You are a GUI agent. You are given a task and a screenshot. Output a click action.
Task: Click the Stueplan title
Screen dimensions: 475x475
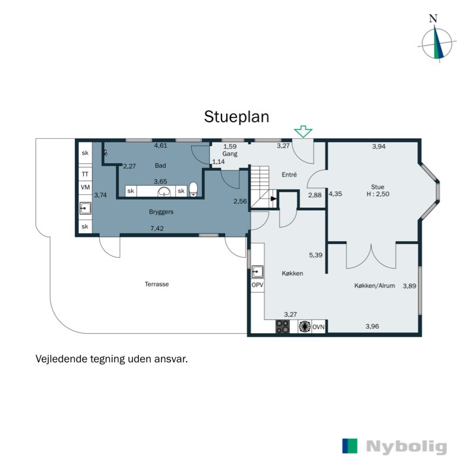236,116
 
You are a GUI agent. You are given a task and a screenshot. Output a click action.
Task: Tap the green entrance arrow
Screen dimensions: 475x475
303,131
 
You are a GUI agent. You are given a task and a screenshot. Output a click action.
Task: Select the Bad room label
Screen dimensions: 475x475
160,165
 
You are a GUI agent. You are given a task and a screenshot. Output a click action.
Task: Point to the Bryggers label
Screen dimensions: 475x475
161,211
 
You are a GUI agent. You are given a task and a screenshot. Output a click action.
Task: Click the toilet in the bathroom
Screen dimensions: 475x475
193,190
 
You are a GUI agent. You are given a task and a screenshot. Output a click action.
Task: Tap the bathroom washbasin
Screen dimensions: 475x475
164,191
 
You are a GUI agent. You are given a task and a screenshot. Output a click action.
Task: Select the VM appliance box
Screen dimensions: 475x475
85,188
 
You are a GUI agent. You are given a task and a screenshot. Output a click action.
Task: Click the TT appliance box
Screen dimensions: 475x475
85,174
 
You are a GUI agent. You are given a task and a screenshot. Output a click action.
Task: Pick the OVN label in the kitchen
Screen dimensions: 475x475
319,327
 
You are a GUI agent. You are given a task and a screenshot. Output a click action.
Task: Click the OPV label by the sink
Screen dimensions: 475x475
257,286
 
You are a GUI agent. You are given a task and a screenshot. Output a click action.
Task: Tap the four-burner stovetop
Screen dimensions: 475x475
283,327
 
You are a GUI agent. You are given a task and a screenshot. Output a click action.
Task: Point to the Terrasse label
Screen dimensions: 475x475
157,284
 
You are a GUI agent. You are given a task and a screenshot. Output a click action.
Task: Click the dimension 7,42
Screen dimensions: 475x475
157,228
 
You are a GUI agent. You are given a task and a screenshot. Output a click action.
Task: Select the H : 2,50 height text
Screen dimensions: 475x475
378,194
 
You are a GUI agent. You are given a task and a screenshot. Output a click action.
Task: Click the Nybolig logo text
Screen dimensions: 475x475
406,446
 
